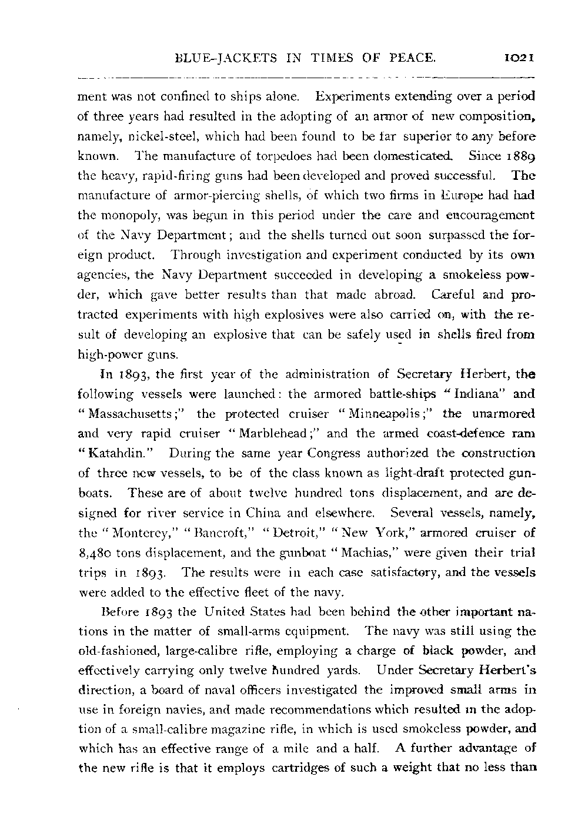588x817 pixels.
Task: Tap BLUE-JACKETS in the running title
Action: click(x=211, y=58)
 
